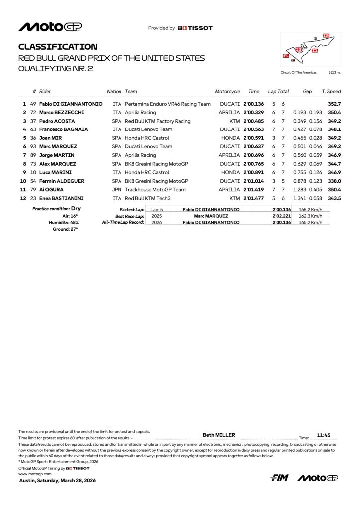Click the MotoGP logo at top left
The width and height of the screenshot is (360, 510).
pos(50,27)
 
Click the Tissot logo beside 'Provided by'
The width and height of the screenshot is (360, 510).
pos(195,28)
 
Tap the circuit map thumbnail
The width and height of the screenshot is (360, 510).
pos(310,49)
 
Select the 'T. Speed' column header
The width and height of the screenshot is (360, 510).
pos(331,92)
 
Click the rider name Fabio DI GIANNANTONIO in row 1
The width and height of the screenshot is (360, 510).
pos(71,104)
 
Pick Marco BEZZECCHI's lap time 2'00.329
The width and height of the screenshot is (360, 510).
pos(253,113)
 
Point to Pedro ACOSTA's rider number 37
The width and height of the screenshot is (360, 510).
pos(33,121)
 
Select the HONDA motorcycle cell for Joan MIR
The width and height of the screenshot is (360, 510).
pos(231,138)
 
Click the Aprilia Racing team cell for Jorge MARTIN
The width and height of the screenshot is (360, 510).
pos(140,155)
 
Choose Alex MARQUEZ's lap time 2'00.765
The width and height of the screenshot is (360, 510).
pos(253,164)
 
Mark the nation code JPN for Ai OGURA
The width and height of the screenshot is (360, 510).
pos(117,190)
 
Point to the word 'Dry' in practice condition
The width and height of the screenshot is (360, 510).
pos(76,209)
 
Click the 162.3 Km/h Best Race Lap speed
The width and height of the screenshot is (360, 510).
pos(311,216)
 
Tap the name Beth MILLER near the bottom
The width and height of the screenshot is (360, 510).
pos(219,435)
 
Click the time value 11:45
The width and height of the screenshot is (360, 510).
pos(324,435)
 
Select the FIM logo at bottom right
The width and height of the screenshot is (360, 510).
pos(280,478)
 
